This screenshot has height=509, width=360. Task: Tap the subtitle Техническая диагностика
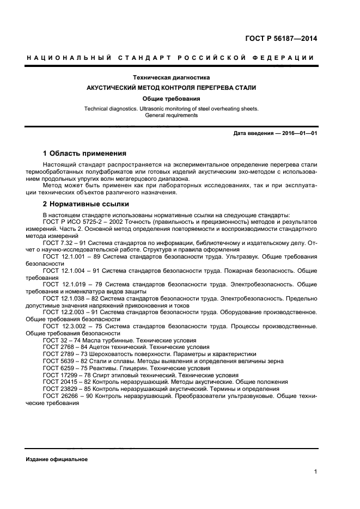tap(172, 78)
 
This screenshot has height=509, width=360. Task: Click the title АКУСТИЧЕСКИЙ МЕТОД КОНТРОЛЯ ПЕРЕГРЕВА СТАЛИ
tap(172, 88)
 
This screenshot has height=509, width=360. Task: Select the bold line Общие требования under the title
tap(172, 99)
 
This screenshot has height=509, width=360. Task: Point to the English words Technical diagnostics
tap(114, 108)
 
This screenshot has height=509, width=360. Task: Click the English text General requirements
tap(172, 115)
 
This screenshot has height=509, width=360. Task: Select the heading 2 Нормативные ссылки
tap(86, 204)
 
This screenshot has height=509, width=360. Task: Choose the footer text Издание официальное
tap(57, 459)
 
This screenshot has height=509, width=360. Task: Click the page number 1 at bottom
tap(315, 473)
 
